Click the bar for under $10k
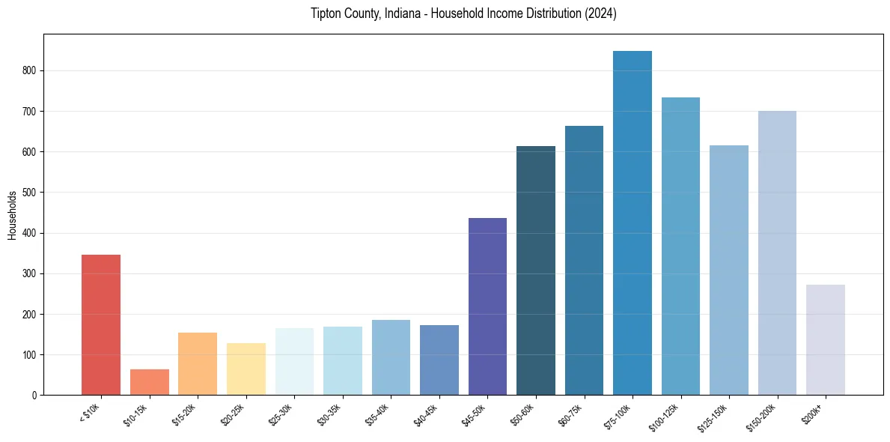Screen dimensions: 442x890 click(101, 325)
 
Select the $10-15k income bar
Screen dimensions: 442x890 click(149, 382)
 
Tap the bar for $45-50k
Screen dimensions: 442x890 click(487, 306)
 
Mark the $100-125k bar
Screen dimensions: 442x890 click(680, 246)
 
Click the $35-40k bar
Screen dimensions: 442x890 click(391, 357)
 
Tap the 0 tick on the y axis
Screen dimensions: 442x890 click(34, 396)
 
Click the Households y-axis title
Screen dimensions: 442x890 click(12, 215)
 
